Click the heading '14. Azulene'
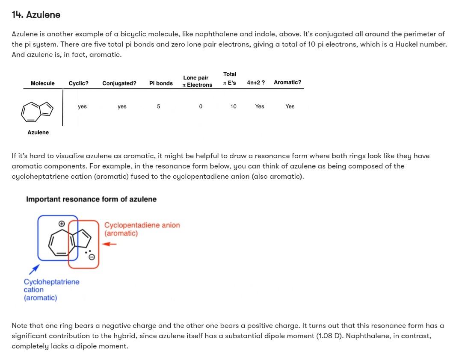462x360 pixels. pos(36,15)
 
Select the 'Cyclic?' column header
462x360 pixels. pos(78,83)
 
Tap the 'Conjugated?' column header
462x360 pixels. pos(119,83)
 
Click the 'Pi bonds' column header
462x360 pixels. pos(161,83)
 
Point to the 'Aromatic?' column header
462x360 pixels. pos(287,82)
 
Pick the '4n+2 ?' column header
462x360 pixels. pos(255,82)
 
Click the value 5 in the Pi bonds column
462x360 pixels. pos(158,106)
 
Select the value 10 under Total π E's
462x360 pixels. pos(233,106)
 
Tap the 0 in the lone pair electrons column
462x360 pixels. pos(200,106)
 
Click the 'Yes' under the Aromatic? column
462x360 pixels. pos(290,106)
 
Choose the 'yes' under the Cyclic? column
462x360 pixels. pos(82,106)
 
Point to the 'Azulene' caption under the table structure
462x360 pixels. pos(38,133)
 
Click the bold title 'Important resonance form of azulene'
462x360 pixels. pos(91,199)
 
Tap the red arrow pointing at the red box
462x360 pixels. pos(110,244)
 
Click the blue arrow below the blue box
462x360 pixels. pos(34,269)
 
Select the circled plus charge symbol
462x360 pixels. pos(62,224)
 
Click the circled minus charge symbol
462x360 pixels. pos(91,257)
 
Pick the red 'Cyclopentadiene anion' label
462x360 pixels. pos(142,225)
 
